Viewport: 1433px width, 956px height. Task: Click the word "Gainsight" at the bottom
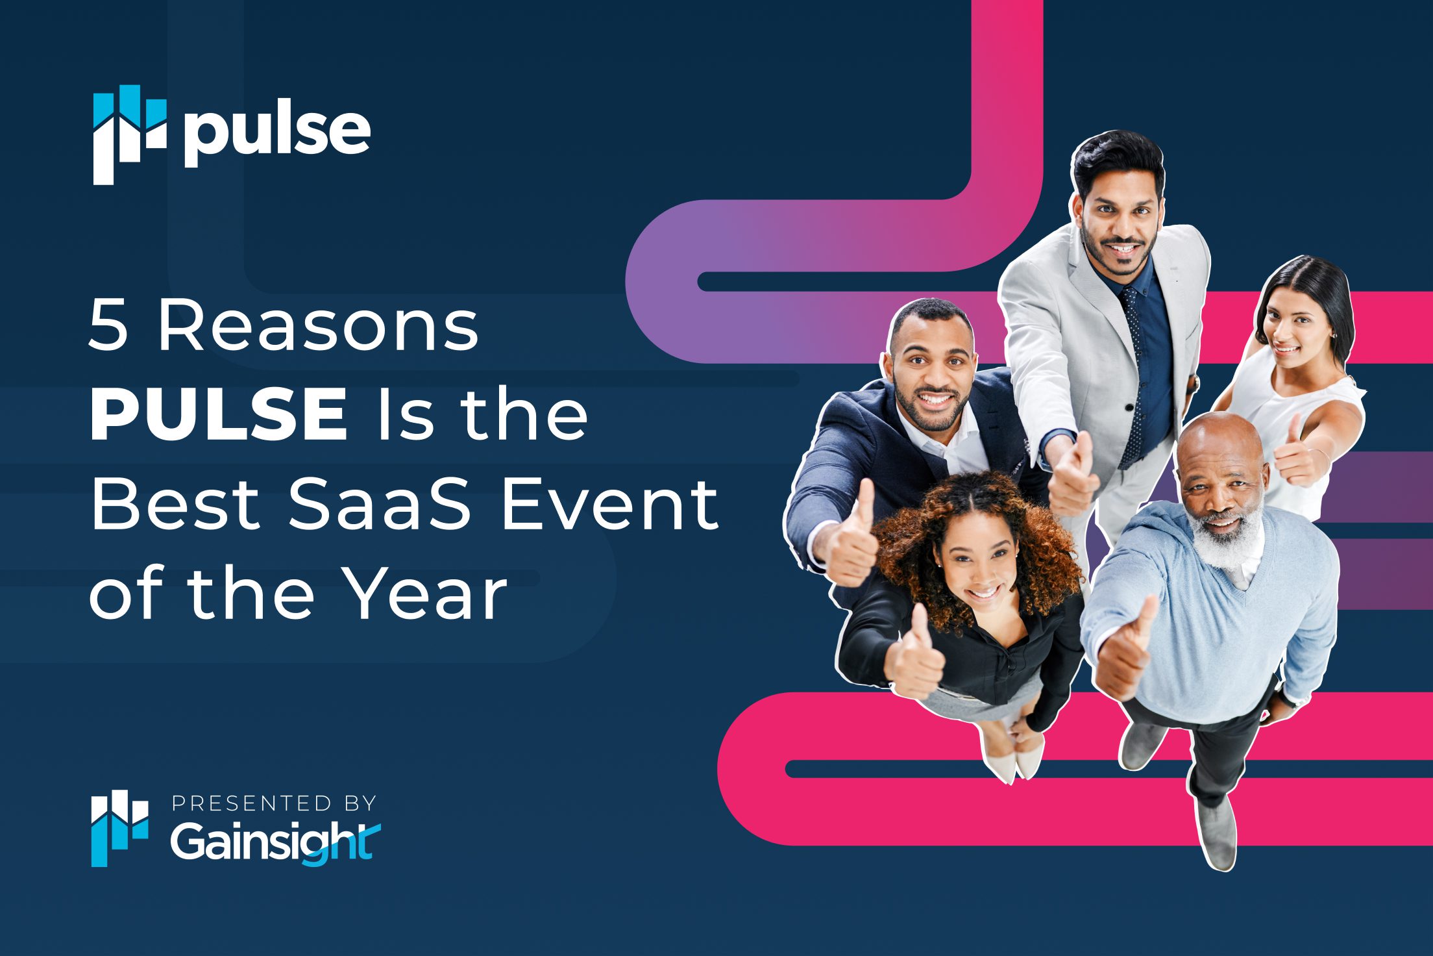click(x=275, y=842)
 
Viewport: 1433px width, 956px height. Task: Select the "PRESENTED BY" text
click(x=274, y=803)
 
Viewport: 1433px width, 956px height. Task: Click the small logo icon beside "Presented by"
click(x=119, y=829)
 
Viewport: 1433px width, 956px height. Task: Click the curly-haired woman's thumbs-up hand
click(x=916, y=656)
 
